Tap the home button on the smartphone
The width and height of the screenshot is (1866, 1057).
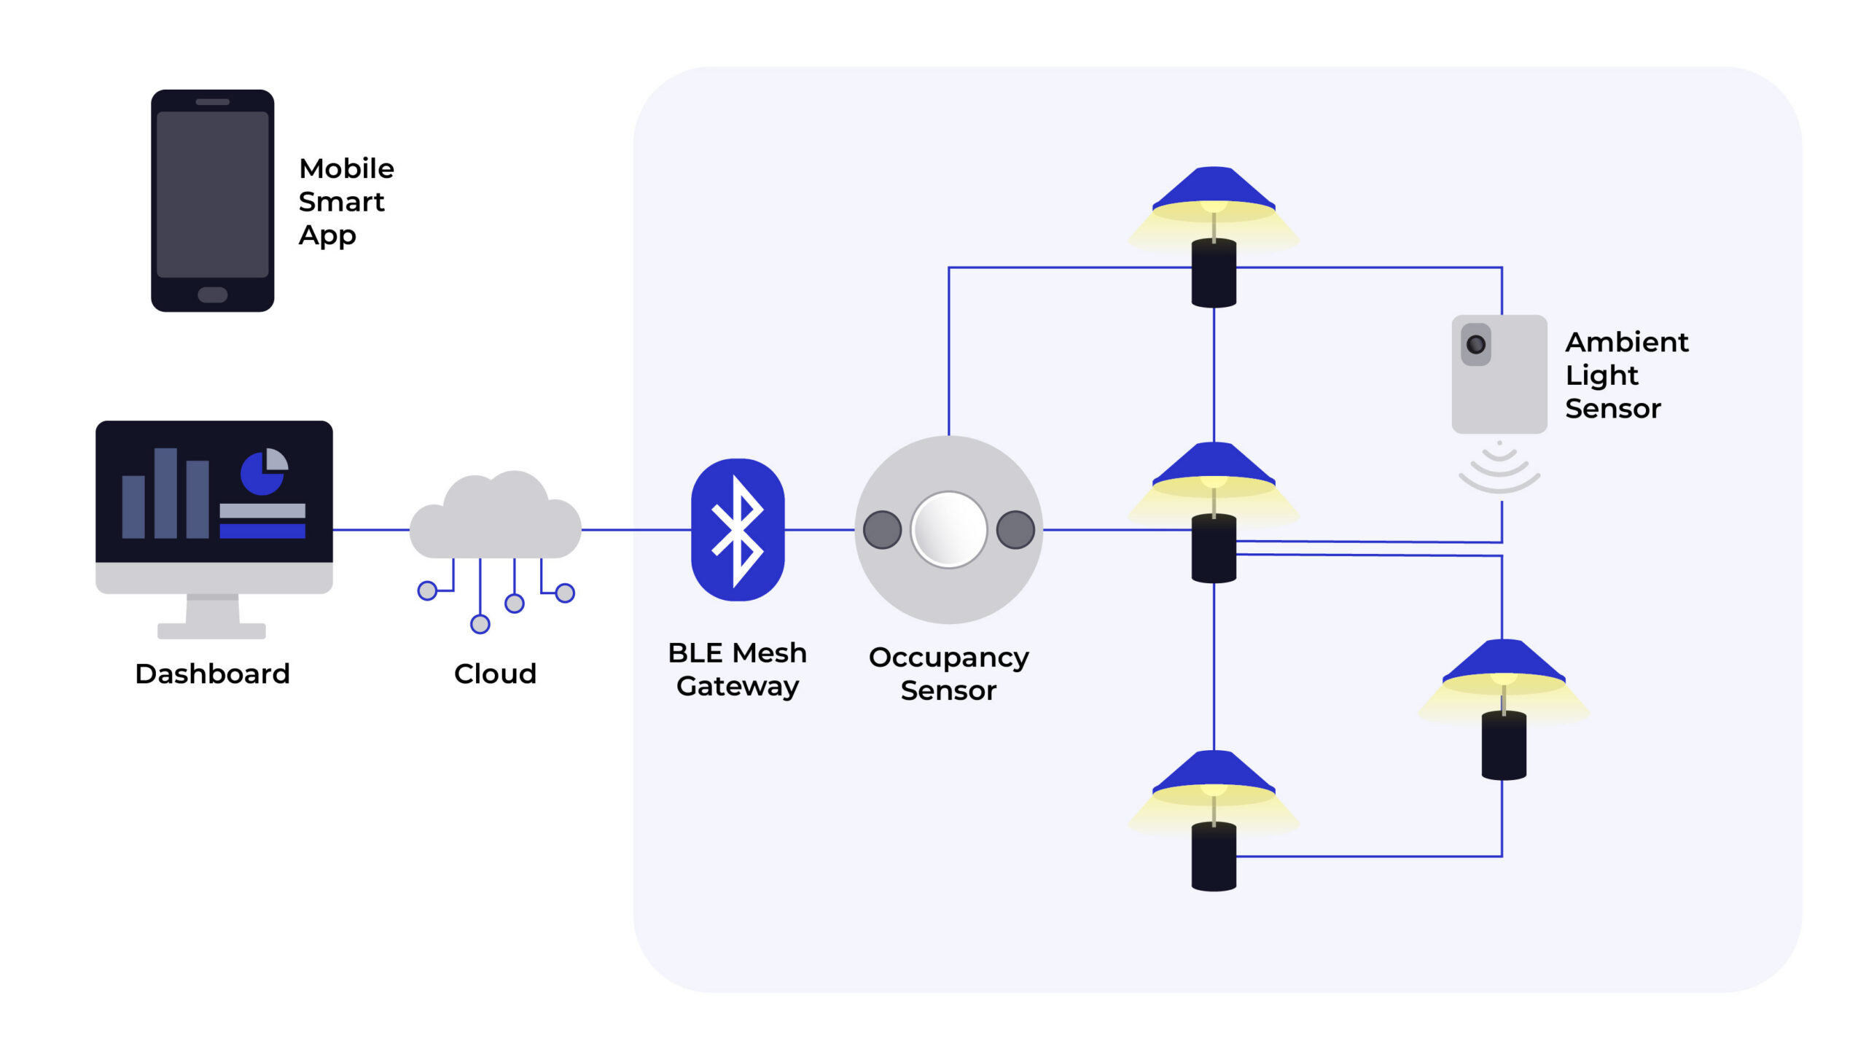[212, 295]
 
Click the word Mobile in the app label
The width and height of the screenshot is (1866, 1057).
[346, 169]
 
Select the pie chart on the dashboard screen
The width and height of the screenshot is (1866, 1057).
[263, 472]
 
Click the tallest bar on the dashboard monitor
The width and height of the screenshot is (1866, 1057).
[165, 493]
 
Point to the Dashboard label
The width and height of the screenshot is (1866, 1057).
[212, 674]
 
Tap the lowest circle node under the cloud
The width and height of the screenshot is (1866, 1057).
[480, 624]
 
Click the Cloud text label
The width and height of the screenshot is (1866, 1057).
[495, 674]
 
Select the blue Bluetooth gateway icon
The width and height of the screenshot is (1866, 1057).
[738, 530]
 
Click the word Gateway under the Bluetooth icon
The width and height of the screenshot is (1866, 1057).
[738, 687]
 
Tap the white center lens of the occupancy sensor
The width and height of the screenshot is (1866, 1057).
[948, 530]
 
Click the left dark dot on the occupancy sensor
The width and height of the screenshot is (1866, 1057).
[882, 530]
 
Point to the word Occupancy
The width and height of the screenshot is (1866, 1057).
[948, 658]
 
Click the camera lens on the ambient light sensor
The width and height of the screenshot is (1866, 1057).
[1475, 344]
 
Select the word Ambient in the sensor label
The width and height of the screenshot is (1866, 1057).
[1626, 342]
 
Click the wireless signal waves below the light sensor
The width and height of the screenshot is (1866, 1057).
[1499, 470]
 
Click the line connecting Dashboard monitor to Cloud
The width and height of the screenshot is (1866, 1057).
[370, 530]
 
